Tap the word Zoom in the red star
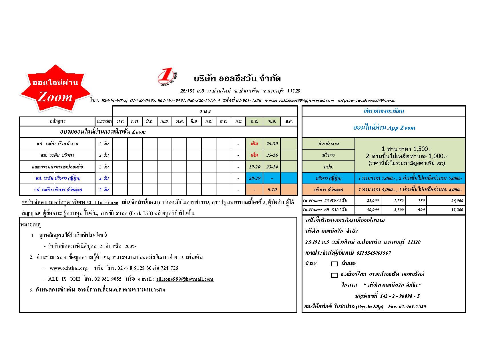coord(55,97)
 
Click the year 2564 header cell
coord(205,111)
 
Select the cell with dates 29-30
coord(272,144)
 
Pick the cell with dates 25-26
coord(272,155)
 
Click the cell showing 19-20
coord(254,167)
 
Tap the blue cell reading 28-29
coord(254,178)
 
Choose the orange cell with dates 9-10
coord(272,190)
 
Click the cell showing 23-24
coord(272,167)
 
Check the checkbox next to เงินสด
coord(334,264)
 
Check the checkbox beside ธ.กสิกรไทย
coord(334,275)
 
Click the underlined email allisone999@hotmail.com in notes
coord(185,279)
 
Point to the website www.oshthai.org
coord(69,268)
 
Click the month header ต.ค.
coord(254,121)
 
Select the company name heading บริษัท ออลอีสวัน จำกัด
coord(237,78)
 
